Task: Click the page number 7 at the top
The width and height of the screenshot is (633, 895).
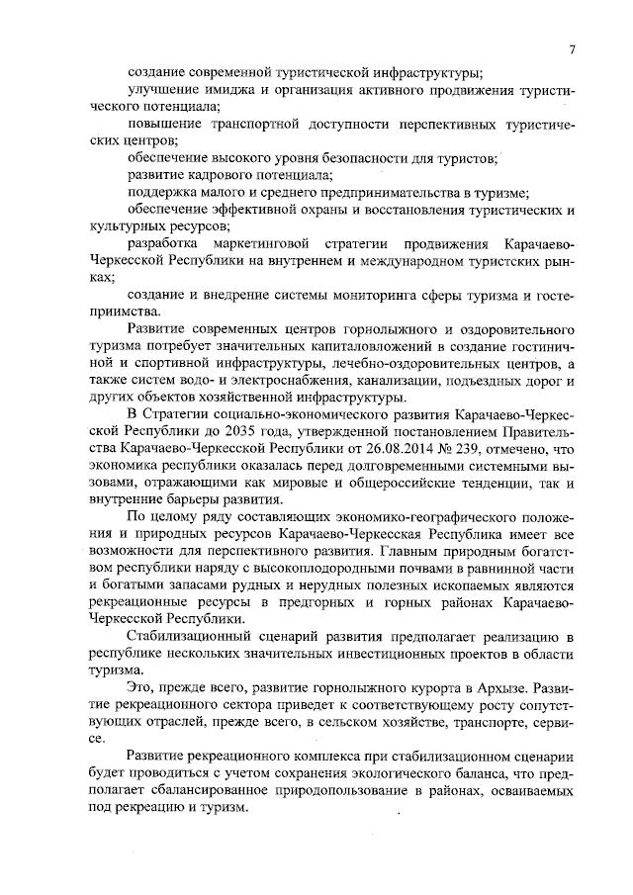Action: [x=573, y=49]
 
